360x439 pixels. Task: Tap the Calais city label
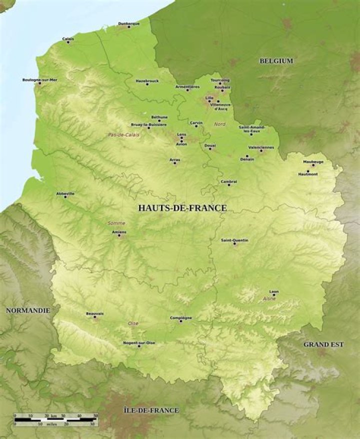point(68,38)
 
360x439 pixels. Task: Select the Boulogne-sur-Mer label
point(40,79)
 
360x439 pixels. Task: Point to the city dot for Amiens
point(119,235)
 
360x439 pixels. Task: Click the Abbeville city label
point(65,193)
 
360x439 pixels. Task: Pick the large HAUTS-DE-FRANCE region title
point(182,208)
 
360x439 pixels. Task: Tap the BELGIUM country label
point(276,61)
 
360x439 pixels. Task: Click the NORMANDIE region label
point(28,310)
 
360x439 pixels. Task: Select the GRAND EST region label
point(323,344)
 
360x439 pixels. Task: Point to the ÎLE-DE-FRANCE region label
point(151,410)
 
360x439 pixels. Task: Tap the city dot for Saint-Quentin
point(234,243)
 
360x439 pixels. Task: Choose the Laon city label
point(274,291)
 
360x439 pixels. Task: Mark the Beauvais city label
point(94,313)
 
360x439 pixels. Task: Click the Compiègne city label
point(181,317)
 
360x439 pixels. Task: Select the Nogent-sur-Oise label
point(139,342)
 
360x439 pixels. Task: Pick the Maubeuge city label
point(313,162)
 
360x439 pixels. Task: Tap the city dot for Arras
point(174,163)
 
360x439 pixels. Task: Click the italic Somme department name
point(116,223)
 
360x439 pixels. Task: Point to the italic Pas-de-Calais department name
point(123,135)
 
